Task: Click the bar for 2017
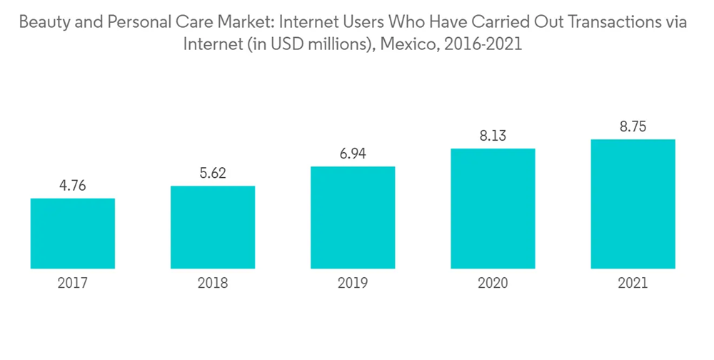[73, 233]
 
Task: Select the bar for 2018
[213, 227]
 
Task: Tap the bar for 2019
[353, 217]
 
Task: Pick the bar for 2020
[493, 208]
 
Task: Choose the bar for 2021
[633, 204]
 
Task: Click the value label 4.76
[73, 186]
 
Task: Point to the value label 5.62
[213, 174]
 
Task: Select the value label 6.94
[353, 154]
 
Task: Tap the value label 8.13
[493, 136]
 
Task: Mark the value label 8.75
[633, 127]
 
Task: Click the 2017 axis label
[73, 284]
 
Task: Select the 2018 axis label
[213, 284]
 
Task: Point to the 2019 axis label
[353, 284]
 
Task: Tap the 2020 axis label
[493, 284]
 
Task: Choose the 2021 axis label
[633, 284]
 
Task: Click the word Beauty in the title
[44, 23]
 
